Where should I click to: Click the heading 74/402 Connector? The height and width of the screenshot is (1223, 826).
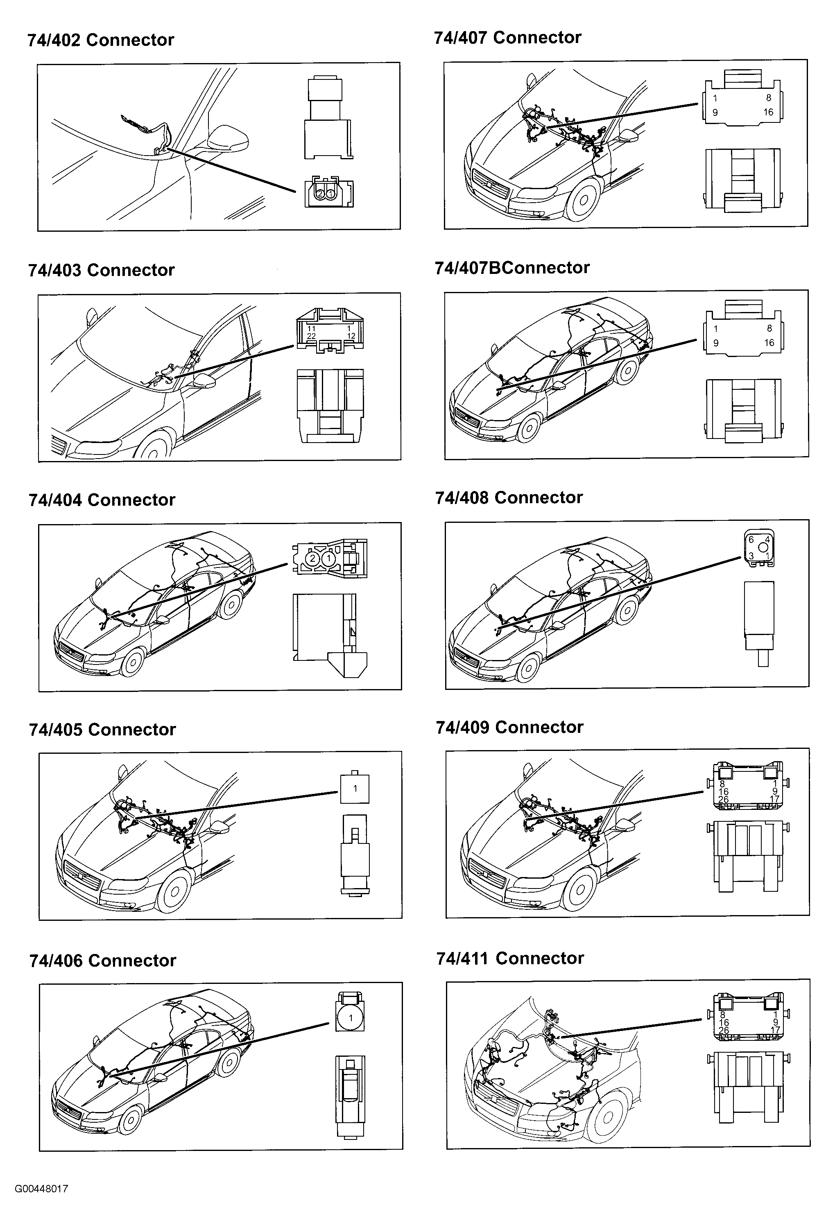[101, 40]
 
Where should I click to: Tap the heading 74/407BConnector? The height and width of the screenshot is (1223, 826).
[512, 268]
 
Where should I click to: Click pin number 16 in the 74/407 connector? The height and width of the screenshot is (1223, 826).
[768, 112]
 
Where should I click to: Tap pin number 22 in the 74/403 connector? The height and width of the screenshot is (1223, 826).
[311, 336]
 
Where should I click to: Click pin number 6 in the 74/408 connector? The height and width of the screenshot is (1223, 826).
[751, 539]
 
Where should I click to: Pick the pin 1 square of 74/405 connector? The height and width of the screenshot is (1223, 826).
[355, 788]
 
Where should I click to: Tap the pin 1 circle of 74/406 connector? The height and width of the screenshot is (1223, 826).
[351, 1018]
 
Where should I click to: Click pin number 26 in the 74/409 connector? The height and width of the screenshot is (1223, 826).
[723, 799]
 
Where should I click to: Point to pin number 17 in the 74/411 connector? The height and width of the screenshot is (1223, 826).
[775, 1030]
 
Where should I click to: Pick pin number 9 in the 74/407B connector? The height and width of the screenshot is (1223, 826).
[715, 343]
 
